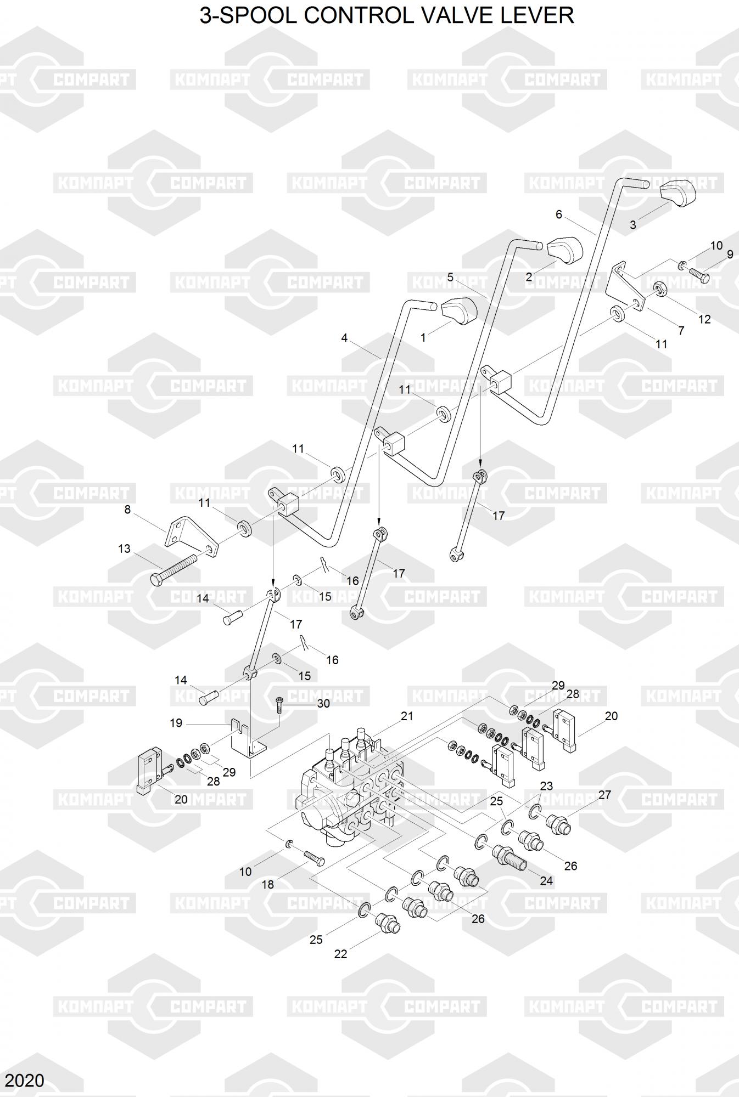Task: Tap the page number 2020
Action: pyautogui.click(x=23, y=1080)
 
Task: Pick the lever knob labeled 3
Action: pyautogui.click(x=676, y=194)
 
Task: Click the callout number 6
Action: pyautogui.click(x=558, y=214)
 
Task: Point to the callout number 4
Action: pyautogui.click(x=344, y=338)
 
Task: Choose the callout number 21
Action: pyautogui.click(x=407, y=716)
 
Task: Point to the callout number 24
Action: pyautogui.click(x=546, y=881)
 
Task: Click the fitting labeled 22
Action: pyautogui.click(x=389, y=926)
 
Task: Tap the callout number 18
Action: pyautogui.click(x=267, y=884)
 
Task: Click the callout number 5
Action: pyautogui.click(x=450, y=277)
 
